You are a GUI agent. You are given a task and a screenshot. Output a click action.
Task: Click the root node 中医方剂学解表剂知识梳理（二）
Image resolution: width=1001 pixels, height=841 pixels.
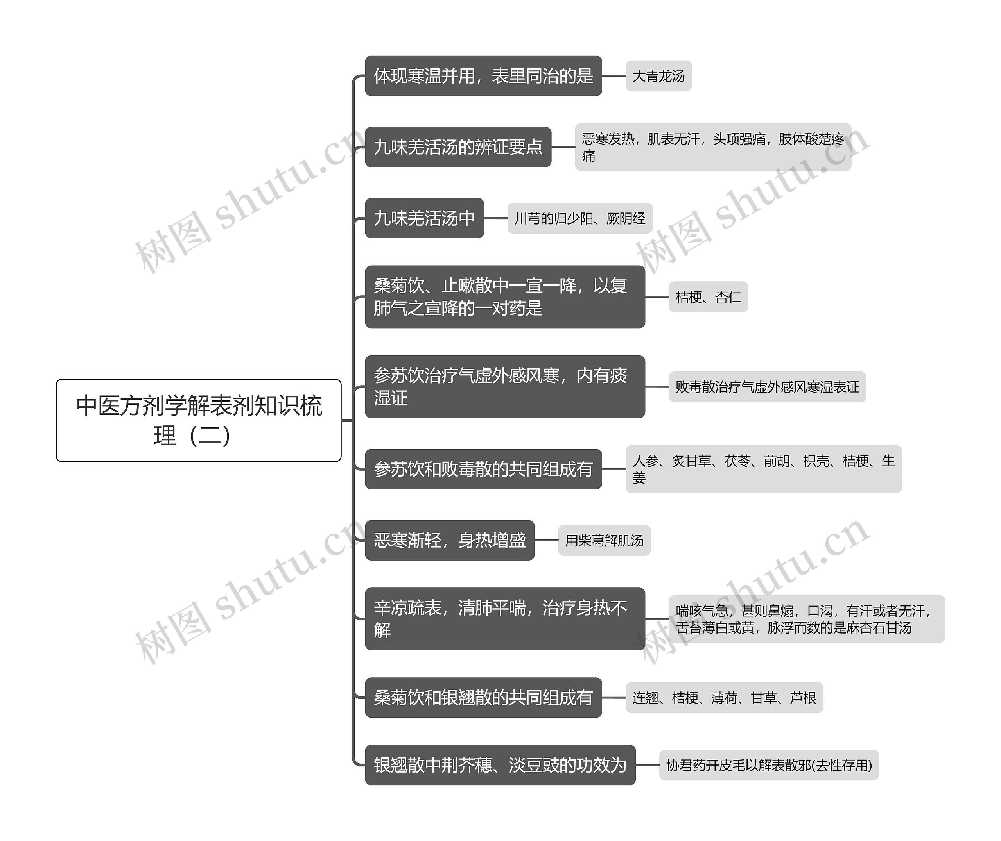click(x=199, y=420)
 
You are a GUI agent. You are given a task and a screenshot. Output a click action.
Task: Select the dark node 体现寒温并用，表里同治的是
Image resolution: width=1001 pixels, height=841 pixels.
click(x=483, y=76)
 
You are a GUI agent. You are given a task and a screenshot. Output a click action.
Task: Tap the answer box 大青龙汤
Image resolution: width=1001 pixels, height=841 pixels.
click(x=658, y=76)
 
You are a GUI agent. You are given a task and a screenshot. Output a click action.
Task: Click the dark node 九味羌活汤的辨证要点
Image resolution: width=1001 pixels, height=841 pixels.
click(x=457, y=147)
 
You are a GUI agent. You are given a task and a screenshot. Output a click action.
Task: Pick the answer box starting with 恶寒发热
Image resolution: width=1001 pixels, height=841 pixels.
click(x=712, y=147)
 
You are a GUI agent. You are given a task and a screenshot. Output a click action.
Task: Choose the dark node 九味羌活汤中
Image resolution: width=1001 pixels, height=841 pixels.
click(x=424, y=218)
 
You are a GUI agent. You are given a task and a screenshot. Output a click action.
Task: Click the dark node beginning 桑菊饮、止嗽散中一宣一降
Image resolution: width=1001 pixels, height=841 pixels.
click(x=504, y=296)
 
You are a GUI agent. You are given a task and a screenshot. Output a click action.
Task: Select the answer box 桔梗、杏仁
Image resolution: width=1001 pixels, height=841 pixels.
click(x=708, y=297)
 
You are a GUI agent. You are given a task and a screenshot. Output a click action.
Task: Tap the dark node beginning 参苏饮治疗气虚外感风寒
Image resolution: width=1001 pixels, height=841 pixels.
click(x=504, y=387)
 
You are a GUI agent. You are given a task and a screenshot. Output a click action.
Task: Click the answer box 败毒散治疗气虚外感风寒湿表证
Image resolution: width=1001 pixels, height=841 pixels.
click(x=767, y=387)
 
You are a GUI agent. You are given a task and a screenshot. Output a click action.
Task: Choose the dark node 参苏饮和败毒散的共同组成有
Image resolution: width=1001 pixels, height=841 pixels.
click(x=483, y=469)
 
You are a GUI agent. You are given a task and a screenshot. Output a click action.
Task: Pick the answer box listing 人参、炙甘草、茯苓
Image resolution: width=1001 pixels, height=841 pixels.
click(x=763, y=469)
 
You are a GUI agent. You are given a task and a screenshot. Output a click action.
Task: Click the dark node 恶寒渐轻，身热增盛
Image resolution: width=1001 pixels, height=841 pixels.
click(x=449, y=540)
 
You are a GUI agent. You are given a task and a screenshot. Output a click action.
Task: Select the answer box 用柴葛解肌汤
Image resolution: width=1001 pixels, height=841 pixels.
click(x=604, y=541)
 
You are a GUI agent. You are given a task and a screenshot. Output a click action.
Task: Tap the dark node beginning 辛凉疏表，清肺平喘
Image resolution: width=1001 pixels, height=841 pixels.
click(x=504, y=619)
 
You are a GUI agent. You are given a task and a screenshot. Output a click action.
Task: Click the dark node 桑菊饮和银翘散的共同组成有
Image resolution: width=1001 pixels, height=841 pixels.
click(x=483, y=698)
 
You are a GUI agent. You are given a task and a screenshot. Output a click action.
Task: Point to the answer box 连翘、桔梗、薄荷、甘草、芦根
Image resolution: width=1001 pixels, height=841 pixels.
click(x=724, y=698)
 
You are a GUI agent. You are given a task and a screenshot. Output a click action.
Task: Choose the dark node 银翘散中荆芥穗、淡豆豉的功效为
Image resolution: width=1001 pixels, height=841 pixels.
click(x=500, y=765)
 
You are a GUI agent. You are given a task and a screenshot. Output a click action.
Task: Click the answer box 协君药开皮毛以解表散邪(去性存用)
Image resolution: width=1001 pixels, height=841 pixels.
click(x=769, y=765)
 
